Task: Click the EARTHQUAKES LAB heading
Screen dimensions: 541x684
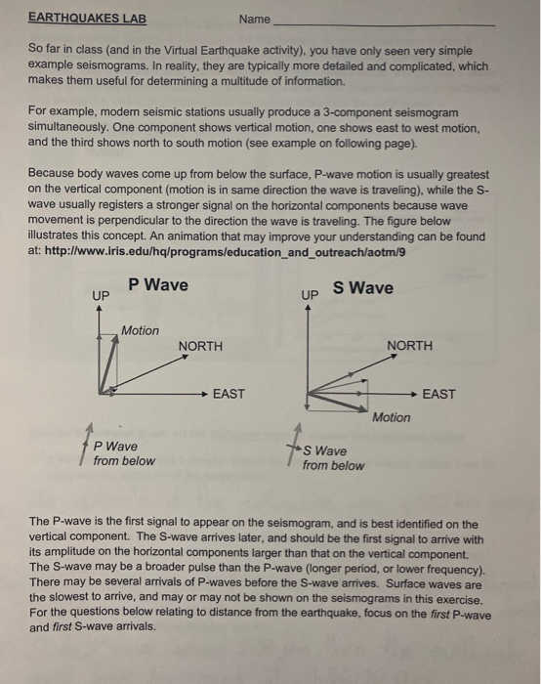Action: [x=86, y=18]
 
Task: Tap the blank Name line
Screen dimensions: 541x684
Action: [x=386, y=21]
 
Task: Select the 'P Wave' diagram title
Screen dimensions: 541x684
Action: [x=158, y=285]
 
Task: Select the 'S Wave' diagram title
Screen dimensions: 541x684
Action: [x=363, y=287]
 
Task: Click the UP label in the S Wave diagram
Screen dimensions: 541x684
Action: [x=311, y=294]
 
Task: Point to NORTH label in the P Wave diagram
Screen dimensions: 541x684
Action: [x=200, y=346]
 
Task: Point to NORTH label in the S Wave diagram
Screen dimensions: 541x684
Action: [x=411, y=346]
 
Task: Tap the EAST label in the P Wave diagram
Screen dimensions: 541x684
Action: [x=229, y=394]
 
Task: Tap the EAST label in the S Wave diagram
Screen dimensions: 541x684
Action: [x=439, y=394]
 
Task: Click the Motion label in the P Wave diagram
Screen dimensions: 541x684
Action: [x=140, y=330]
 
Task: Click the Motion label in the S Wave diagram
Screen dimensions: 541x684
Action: [x=391, y=417]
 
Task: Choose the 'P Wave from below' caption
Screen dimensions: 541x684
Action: [x=124, y=453]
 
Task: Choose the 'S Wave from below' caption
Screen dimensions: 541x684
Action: [x=333, y=458]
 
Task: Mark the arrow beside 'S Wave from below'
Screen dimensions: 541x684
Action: [x=294, y=449]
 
